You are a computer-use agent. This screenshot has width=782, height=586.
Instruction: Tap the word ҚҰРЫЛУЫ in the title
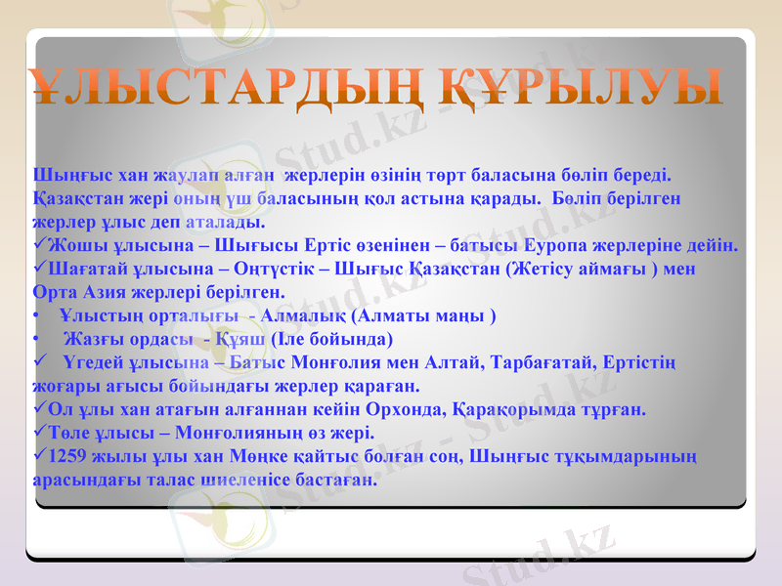pos(585,87)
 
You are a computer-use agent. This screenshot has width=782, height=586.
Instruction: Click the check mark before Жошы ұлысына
pos(38,244)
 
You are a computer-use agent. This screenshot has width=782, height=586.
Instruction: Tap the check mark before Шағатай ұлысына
pos(38,268)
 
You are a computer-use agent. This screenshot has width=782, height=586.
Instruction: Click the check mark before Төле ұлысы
pos(38,433)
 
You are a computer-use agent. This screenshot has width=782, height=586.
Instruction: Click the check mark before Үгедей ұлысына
pos(38,362)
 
